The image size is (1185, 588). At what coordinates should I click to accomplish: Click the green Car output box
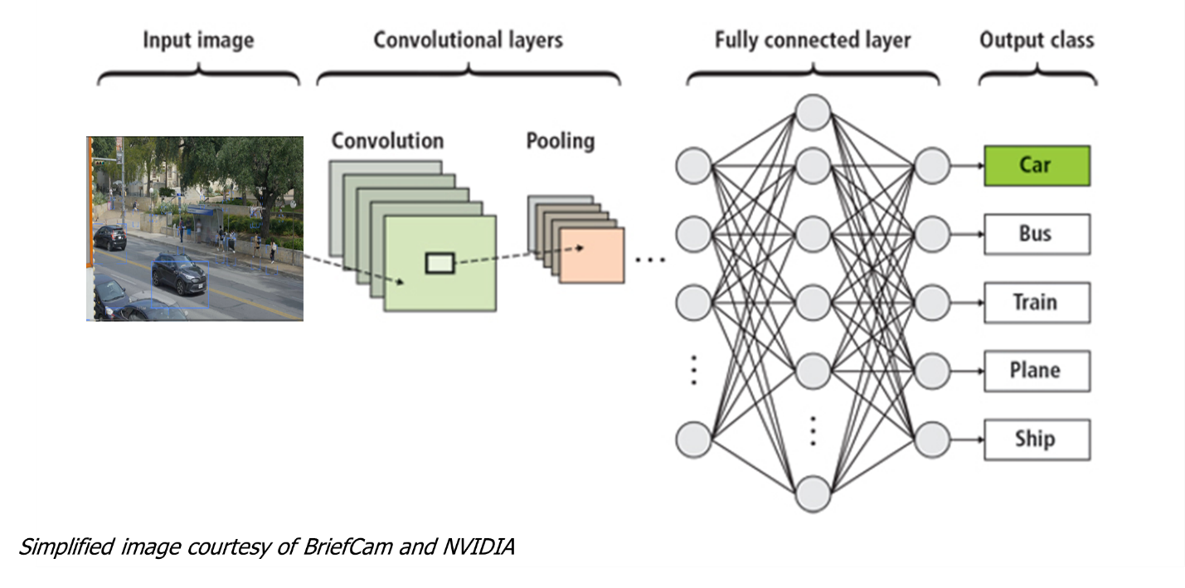tap(1037, 166)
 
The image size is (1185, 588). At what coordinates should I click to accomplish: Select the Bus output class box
tap(1037, 234)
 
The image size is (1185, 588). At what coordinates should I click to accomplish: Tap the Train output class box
tap(1037, 302)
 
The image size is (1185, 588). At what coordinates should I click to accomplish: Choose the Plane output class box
tap(1037, 371)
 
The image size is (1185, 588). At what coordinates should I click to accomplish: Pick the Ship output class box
tap(1037, 440)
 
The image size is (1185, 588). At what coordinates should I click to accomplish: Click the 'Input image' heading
tap(198, 40)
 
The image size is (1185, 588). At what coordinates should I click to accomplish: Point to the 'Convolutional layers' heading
tap(468, 40)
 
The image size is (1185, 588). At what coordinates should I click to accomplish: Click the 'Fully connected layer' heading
tap(813, 40)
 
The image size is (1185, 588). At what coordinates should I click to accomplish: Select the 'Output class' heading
tap(1037, 40)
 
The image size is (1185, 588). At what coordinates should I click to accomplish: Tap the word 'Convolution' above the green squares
tap(387, 140)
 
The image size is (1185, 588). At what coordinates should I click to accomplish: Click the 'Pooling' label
tap(561, 141)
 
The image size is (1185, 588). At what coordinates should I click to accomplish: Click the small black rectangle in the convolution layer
tap(440, 264)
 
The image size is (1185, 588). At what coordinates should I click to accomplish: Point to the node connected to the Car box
tap(932, 165)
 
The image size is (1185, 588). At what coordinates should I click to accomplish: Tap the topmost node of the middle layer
tap(813, 113)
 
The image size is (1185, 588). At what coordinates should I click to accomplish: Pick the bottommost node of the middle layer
tap(813, 493)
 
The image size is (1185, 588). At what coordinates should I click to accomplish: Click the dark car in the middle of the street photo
tap(179, 274)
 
